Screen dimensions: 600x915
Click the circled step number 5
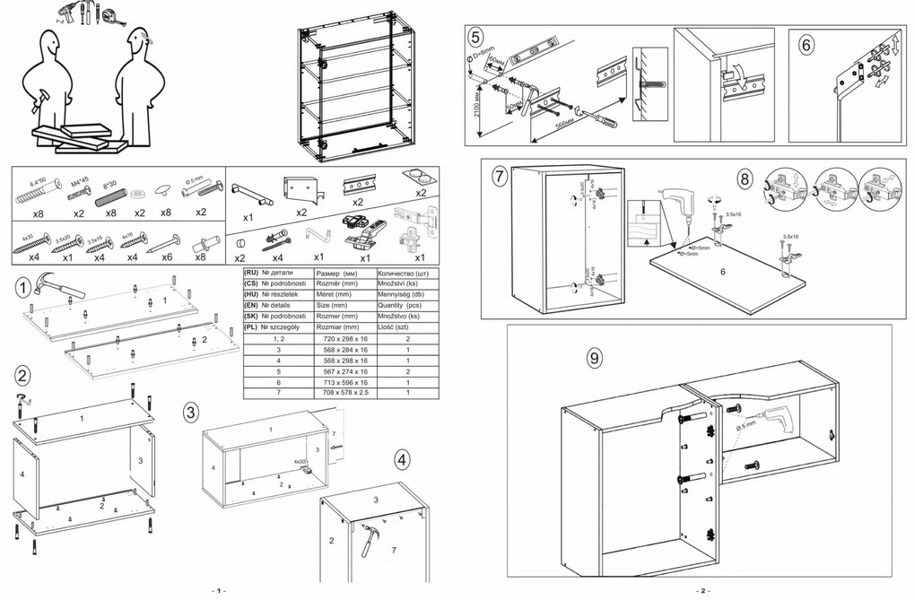pos(475,37)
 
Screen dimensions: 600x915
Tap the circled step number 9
pos(593,358)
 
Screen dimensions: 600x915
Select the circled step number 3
pos(190,413)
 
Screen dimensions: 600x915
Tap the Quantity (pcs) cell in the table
pos(407,305)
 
